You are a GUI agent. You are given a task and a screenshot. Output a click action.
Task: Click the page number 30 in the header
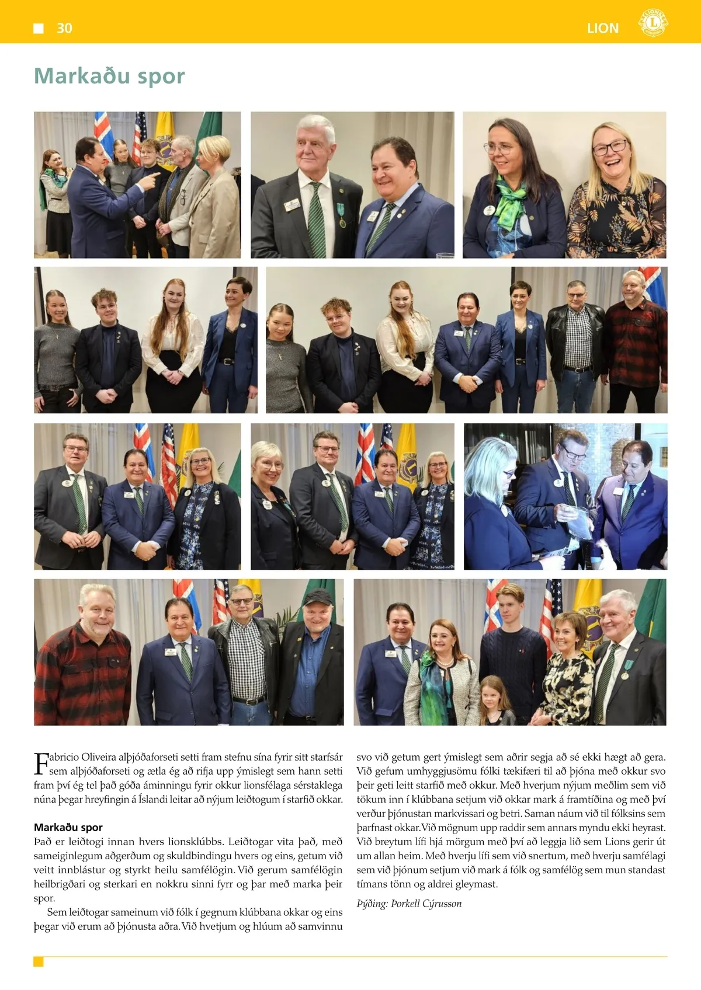(x=64, y=28)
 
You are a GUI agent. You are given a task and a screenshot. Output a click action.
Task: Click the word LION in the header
(x=603, y=28)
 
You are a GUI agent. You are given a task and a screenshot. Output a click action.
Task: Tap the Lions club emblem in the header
(x=653, y=23)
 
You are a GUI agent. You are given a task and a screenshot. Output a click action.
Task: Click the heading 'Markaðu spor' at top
(x=109, y=76)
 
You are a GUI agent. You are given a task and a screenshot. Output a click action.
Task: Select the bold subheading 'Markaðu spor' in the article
(x=68, y=827)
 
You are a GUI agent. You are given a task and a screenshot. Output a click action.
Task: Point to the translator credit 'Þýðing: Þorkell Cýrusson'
(x=409, y=904)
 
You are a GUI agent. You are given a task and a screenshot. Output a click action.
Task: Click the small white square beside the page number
(x=39, y=28)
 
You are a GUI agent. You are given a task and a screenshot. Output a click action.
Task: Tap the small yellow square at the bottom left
(x=39, y=961)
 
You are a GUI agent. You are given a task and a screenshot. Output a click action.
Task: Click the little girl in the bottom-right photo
(x=492, y=700)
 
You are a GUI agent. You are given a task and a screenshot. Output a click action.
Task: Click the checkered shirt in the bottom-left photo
(x=247, y=660)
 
